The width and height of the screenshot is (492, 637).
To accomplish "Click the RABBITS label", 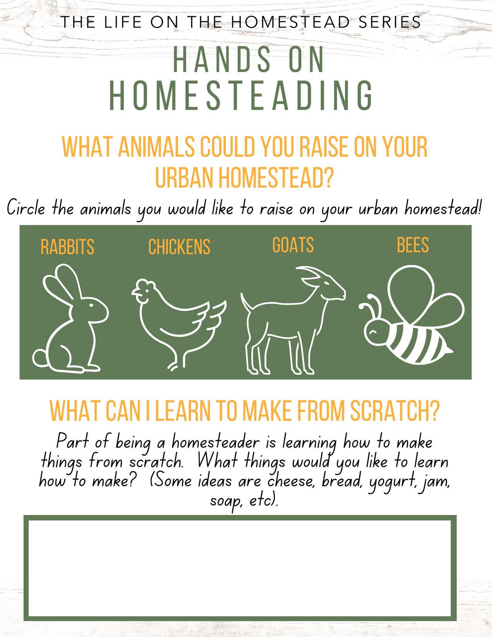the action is tap(67, 247).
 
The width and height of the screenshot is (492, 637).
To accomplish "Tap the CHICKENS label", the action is tap(179, 247).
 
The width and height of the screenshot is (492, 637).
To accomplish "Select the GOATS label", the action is tap(293, 245).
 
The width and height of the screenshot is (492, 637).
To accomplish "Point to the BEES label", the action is tap(413, 245).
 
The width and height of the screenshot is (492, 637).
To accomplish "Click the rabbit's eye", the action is tap(91, 305).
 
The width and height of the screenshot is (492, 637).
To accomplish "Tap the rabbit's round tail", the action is tap(41, 358).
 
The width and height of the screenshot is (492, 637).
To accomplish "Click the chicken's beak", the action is tap(135, 293).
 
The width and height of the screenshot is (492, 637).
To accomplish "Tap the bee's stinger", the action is tap(449, 350).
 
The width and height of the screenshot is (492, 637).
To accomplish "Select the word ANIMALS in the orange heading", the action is tap(156, 147).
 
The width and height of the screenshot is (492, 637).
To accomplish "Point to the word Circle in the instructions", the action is tap(26, 207).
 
